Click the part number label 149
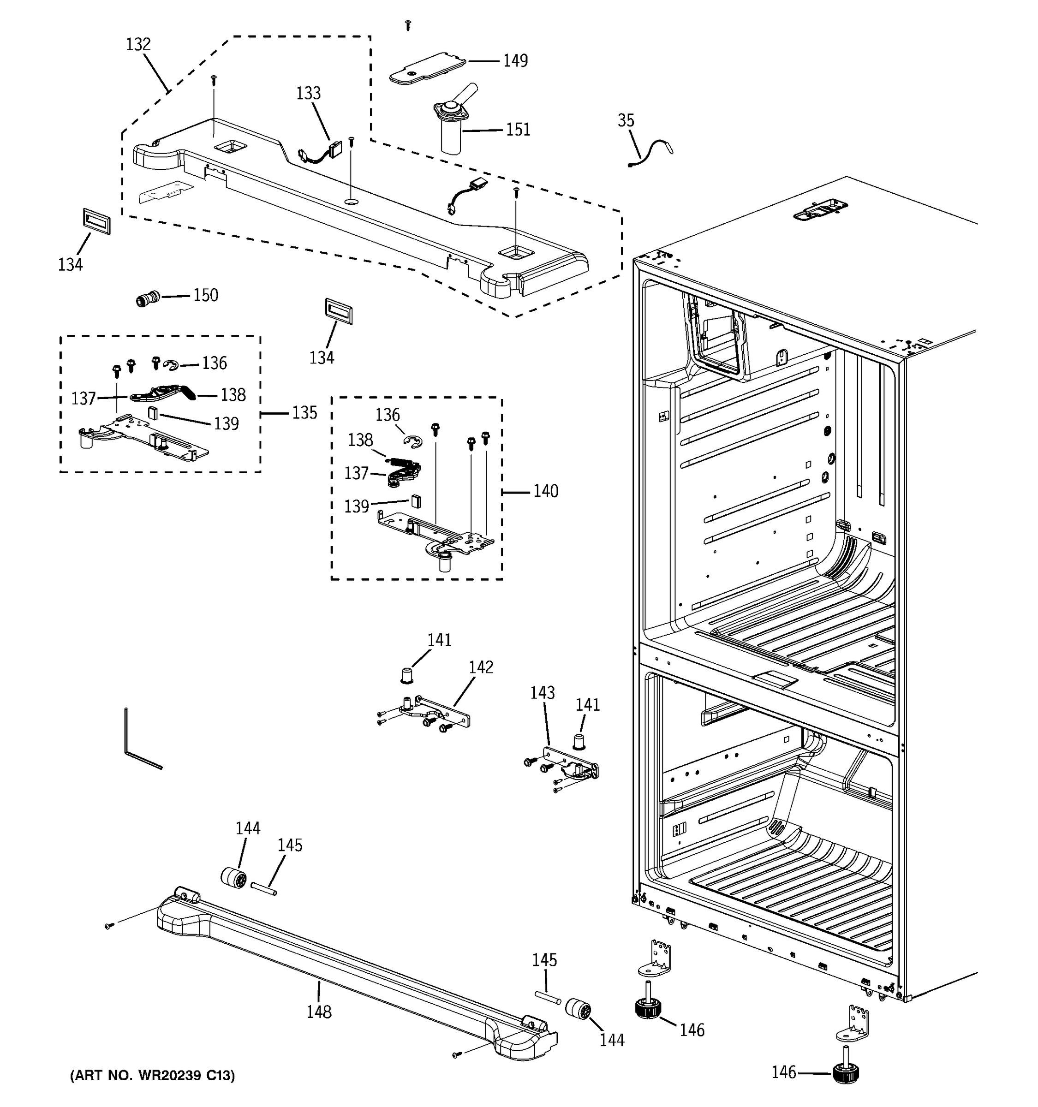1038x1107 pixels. pyautogui.click(x=515, y=61)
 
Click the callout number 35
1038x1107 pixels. pyautogui.click(x=626, y=120)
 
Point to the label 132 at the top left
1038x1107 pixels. pyautogui.click(x=137, y=45)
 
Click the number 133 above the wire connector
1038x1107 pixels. pyautogui.click(x=308, y=93)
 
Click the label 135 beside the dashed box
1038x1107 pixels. pyautogui.click(x=304, y=413)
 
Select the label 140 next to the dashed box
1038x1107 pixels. pyautogui.click(x=545, y=491)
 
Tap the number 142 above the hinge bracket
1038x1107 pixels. pyautogui.click(x=481, y=667)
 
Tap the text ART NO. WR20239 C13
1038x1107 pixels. pyautogui.click(x=152, y=1075)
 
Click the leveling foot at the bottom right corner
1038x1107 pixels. pyautogui.click(x=847, y=1072)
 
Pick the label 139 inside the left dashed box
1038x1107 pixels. pyautogui.click(x=226, y=424)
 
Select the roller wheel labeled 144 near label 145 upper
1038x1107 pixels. pyautogui.click(x=234, y=879)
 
